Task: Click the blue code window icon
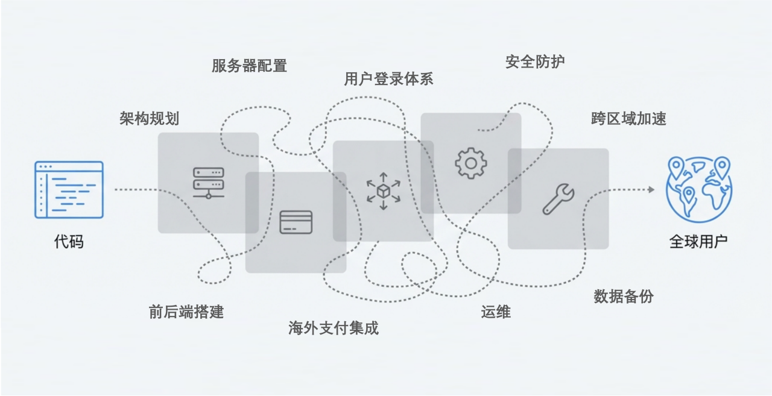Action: (x=69, y=189)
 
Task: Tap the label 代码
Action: (x=69, y=242)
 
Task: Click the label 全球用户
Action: (x=698, y=242)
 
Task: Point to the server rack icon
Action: (x=208, y=183)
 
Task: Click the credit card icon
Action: (x=296, y=222)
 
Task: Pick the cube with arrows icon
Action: (x=383, y=191)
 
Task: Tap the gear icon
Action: (x=470, y=163)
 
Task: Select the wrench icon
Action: (x=558, y=200)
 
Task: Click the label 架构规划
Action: (x=149, y=119)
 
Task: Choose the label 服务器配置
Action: (x=249, y=66)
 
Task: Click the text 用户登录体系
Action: (x=388, y=79)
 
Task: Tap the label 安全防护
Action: (x=535, y=61)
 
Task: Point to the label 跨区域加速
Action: (x=628, y=119)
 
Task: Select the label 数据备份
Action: (x=624, y=297)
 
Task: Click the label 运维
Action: (x=496, y=312)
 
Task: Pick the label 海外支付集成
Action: (x=334, y=328)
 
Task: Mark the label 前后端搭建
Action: (x=186, y=312)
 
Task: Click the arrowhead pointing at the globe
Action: (x=651, y=189)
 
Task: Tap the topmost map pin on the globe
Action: (x=721, y=165)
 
